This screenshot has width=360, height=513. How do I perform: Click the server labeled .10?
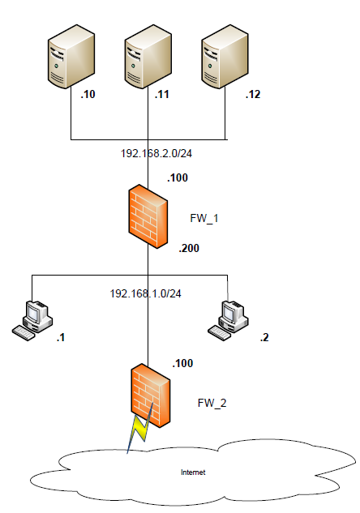71,56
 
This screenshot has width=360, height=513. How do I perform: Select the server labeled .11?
148,56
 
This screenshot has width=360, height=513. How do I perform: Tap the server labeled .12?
225,56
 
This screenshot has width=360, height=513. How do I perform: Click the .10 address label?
88,94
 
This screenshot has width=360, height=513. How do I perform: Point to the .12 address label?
253,94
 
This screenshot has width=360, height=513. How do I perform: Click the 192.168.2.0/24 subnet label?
156,153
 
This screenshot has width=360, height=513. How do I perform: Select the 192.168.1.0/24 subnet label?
145,293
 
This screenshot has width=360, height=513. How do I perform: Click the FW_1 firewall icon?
148,216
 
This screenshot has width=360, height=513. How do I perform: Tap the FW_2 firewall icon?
151,395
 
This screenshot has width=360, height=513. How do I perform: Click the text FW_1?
204,218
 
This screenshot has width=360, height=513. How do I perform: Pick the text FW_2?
212,403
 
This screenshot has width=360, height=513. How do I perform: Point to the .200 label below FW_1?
189,248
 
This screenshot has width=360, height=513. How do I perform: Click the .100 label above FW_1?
178,178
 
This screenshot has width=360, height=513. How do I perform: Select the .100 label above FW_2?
182,363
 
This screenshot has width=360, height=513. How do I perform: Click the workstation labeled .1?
32,321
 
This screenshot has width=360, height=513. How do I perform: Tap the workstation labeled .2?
228,321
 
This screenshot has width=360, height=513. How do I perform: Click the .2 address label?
264,337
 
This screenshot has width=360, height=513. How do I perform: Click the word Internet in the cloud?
193,472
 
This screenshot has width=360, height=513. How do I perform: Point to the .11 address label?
161,94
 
